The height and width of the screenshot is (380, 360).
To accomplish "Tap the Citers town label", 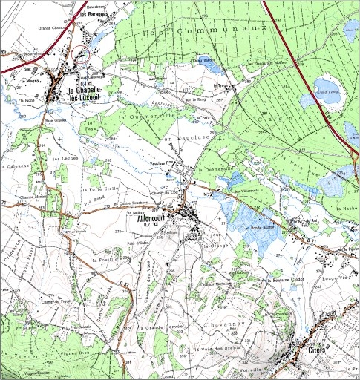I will (x=310, y=346).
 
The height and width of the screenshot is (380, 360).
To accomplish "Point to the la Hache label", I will (x=345, y=210).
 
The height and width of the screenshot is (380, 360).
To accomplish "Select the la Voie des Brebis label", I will (x=215, y=348).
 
